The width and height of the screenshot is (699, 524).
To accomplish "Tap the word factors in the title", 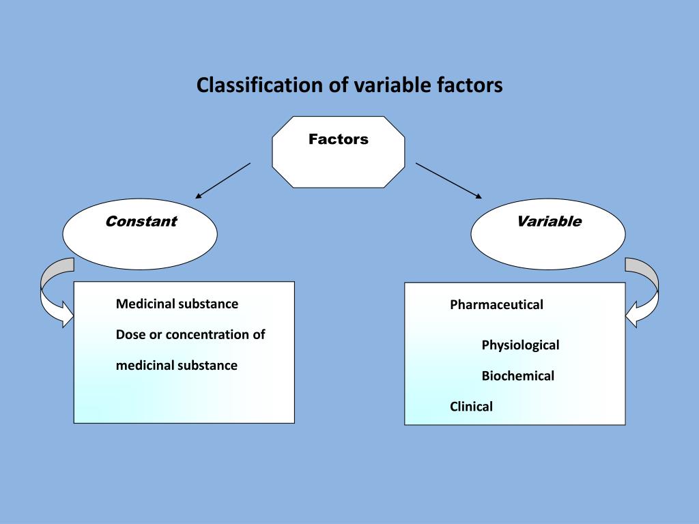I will point(469,85).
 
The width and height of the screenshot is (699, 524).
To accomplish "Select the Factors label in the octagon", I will point(338,139).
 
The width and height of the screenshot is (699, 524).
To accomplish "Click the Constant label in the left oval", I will point(141,221).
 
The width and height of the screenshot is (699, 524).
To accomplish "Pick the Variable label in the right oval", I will point(549,221).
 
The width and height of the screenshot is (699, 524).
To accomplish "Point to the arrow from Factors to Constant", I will point(223,180).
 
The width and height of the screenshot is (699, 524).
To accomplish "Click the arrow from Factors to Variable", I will point(448,181).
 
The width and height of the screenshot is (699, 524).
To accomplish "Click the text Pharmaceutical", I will point(496,305).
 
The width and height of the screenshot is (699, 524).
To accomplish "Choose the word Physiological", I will point(520,345).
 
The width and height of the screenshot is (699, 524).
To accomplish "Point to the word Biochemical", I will point(517,376).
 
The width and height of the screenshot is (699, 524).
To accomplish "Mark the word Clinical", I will point(471,407).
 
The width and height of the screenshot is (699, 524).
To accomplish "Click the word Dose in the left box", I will point(130,335).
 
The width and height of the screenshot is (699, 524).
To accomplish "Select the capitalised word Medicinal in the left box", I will point(145,304).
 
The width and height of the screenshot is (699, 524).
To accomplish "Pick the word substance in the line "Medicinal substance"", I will point(208,304).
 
